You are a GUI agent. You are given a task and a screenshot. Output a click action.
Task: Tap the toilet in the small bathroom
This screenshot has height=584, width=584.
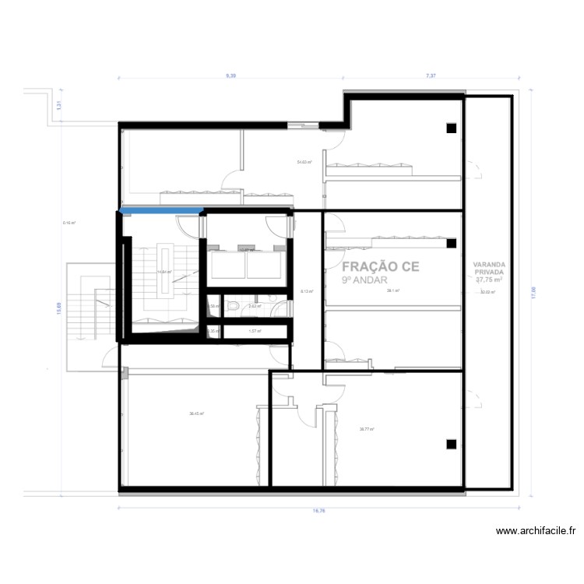coord(234,307)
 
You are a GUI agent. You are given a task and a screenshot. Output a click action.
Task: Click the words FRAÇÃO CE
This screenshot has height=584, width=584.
coord(381,266)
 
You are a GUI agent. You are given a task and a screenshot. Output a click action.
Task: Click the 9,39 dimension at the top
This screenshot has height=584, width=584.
coord(231,76)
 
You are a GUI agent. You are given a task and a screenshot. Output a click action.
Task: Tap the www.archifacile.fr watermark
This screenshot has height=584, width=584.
coord(536,532)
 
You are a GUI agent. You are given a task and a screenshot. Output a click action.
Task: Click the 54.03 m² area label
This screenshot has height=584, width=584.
coord(304,162)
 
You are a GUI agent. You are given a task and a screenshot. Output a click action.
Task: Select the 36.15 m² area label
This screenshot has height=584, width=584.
coord(196,413)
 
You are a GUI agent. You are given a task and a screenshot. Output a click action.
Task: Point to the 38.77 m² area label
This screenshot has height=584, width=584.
coord(367,429)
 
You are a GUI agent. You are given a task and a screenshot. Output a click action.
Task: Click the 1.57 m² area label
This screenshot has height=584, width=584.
coord(254,331)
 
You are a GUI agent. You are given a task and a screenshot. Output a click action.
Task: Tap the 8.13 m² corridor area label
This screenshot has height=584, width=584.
coord(307,291)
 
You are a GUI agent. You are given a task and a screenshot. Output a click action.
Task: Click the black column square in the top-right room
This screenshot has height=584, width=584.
coord(450,129)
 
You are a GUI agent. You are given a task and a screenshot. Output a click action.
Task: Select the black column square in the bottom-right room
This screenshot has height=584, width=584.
coord(450,444)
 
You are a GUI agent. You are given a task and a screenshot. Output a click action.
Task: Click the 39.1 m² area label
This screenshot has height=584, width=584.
coord(392,290)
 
